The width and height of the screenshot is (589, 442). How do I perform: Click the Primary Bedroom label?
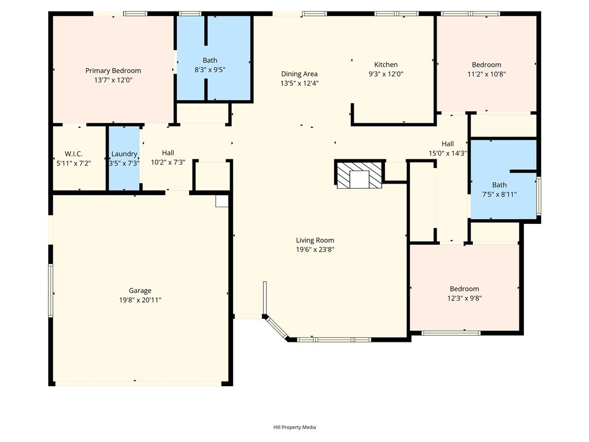pos(113,71)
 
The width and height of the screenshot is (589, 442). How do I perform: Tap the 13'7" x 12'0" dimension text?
pos(113,80)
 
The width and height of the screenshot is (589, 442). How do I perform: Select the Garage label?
pos(140,291)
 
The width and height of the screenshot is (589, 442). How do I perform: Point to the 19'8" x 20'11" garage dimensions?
pos(140,300)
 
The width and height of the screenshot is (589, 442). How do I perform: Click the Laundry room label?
pos(124,154)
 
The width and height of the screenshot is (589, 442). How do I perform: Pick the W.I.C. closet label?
pos(74,154)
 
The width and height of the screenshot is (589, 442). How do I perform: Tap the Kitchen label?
pos(386,64)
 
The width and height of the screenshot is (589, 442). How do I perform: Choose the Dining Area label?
pos(299,74)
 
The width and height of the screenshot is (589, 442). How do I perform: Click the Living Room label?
pos(315,240)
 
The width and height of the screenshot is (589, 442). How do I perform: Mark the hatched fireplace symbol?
pos(359,175)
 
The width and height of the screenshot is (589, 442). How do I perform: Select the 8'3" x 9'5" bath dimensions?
pos(209,70)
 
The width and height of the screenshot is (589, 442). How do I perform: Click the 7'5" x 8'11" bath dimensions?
pos(499,195)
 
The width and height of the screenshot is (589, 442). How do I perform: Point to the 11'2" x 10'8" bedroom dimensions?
pos(487,74)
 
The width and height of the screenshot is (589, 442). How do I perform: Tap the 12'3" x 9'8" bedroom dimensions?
pos(464,299)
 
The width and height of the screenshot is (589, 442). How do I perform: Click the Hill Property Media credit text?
pos(294,427)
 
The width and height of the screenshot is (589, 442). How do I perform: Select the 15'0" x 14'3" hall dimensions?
pos(448,153)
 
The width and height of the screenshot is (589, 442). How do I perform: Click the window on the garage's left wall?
pos(51,290)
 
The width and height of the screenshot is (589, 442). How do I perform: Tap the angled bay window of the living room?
pos(276,327)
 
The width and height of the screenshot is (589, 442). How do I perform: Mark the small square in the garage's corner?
pos(221,201)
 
